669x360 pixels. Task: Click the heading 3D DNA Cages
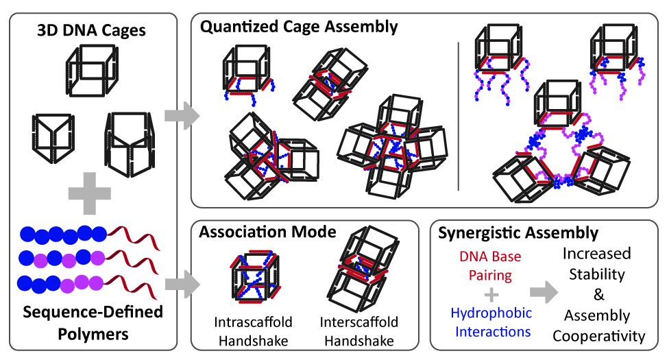[x=91, y=30]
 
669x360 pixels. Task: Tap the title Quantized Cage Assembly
[x=299, y=27]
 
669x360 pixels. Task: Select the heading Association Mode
[x=267, y=232]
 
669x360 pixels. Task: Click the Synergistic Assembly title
[x=518, y=233]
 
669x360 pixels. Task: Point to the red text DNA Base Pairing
[x=490, y=265]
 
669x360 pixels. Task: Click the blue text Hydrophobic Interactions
[x=491, y=322]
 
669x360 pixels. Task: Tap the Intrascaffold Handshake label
[x=254, y=331]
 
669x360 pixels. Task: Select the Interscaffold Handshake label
[x=358, y=331]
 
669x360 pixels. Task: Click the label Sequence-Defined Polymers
[x=93, y=322]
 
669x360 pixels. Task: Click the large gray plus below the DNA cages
[x=90, y=193]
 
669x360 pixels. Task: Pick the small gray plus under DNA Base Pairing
[x=491, y=295]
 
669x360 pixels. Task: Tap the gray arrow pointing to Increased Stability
[x=544, y=292]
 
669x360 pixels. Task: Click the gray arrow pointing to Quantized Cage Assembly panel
[x=182, y=115]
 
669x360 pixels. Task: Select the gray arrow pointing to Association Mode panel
[x=182, y=285]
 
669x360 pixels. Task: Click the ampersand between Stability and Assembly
[x=599, y=295]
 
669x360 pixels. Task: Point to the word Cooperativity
[x=599, y=336]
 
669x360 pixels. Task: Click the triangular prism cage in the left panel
[x=53, y=138]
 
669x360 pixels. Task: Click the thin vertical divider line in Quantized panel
[x=459, y=116]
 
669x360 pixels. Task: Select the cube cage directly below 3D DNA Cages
[x=92, y=71]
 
